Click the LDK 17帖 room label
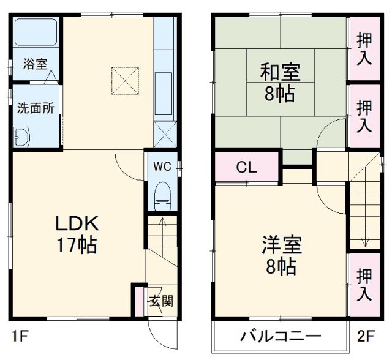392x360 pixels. tap(77, 234)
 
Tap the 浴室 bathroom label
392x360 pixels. tap(36, 63)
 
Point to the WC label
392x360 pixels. tap(162, 166)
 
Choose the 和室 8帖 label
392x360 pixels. tap(281, 82)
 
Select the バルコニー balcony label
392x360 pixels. tap(281, 336)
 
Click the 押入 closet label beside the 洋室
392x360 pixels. tap(364, 284)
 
